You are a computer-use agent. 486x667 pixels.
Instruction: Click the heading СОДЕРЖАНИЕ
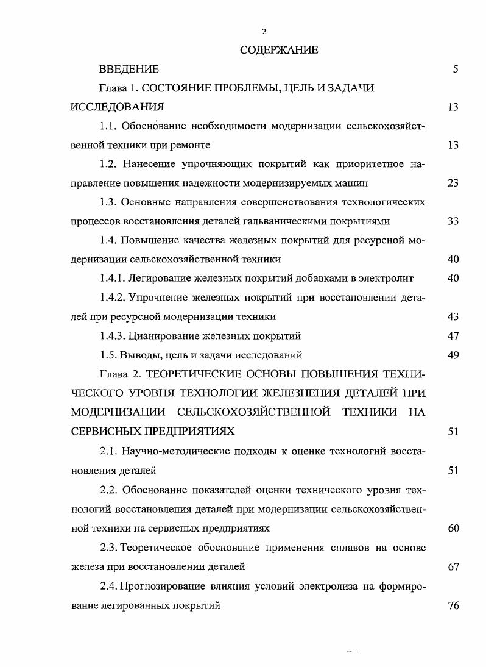click(279, 51)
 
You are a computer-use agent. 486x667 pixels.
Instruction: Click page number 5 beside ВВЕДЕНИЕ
click(455, 70)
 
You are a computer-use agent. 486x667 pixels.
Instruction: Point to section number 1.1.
click(108, 126)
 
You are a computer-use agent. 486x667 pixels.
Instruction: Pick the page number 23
click(453, 183)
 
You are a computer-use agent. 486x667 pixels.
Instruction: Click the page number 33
click(453, 221)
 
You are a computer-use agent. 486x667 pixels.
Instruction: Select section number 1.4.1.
click(112, 279)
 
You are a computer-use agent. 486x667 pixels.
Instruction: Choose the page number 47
click(453, 336)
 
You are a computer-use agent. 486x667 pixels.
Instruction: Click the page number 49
click(453, 355)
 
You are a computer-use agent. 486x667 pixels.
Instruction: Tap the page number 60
click(453, 528)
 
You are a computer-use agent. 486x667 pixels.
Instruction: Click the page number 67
click(453, 566)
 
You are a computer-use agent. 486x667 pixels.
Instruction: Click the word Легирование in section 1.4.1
click(157, 279)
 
